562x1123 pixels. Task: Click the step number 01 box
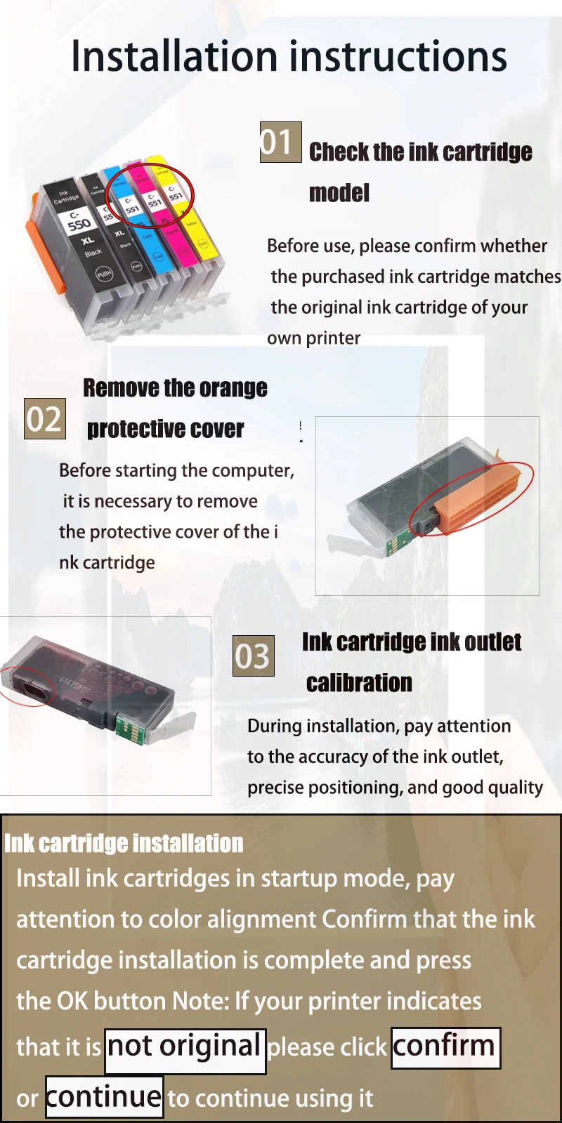pyautogui.click(x=280, y=142)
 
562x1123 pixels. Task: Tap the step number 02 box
pyautogui.click(x=45, y=418)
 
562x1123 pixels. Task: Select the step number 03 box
pyautogui.click(x=254, y=656)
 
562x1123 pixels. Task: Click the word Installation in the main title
pyautogui.click(x=174, y=55)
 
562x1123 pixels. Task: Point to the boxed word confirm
pyautogui.click(x=445, y=1048)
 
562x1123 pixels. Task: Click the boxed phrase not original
pyautogui.click(x=185, y=1051)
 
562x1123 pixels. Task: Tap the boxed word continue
pyautogui.click(x=105, y=1096)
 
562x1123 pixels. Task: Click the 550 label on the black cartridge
pyautogui.click(x=79, y=224)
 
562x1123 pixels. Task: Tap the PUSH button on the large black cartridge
pyautogui.click(x=105, y=274)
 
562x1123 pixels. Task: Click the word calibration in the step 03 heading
pyautogui.click(x=359, y=683)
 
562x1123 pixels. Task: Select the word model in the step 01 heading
pyautogui.click(x=339, y=193)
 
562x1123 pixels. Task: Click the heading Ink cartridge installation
pyautogui.click(x=124, y=843)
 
